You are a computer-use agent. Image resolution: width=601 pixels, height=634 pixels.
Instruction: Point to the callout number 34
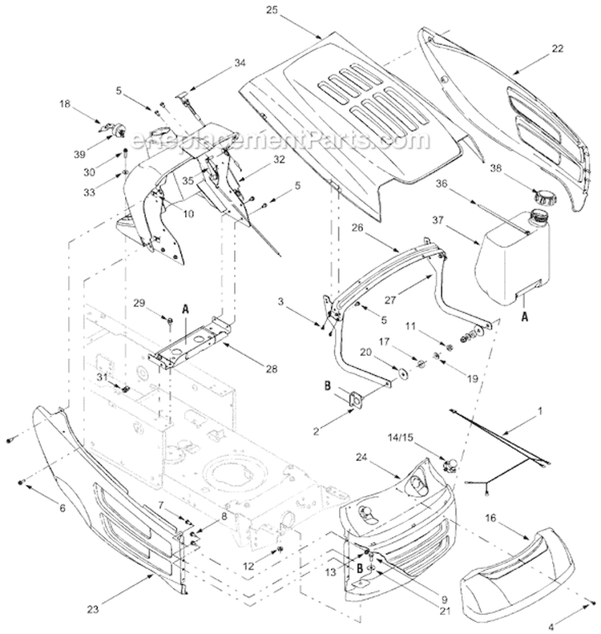(217, 62)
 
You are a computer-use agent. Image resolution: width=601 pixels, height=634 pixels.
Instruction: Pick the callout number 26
(357, 227)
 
